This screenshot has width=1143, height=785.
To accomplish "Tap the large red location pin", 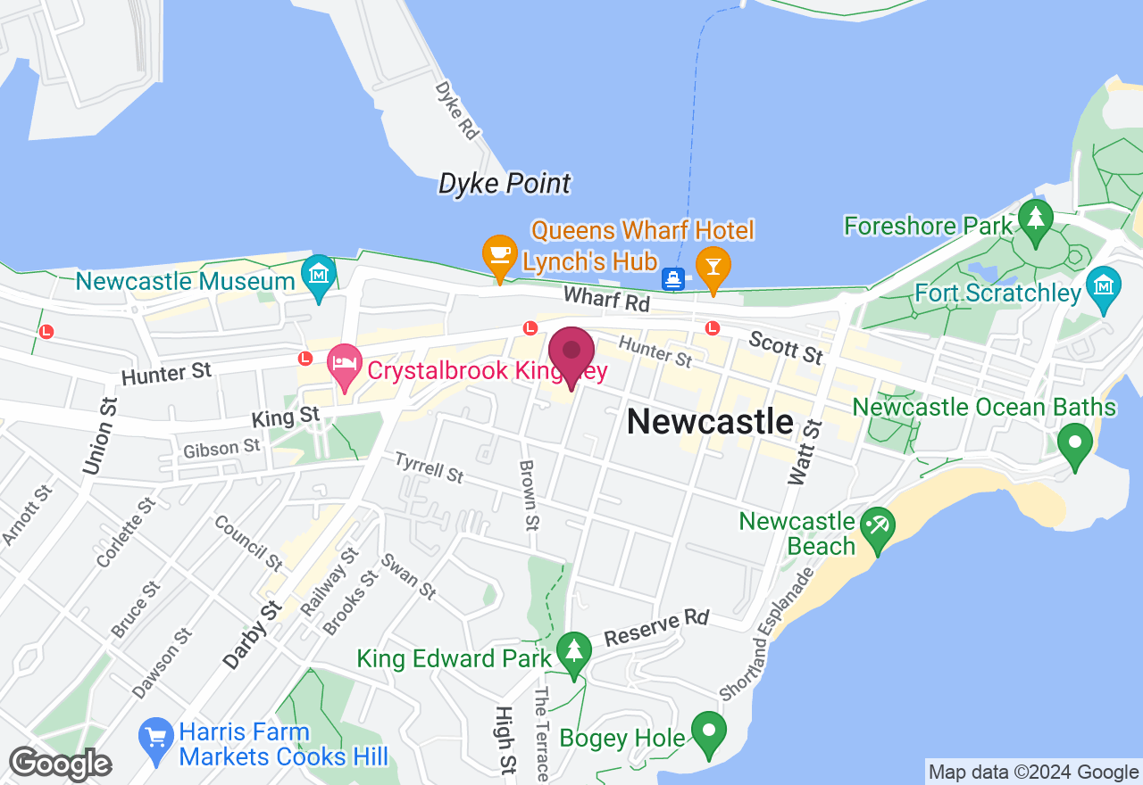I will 571,355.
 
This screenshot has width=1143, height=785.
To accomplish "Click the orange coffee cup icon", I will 499,252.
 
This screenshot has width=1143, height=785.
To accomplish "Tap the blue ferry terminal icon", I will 674,279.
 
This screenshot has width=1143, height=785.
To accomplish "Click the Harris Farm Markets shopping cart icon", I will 156,737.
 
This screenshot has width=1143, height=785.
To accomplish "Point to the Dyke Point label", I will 505,184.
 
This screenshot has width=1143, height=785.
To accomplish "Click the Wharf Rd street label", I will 605,300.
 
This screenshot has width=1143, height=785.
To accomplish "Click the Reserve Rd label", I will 656,628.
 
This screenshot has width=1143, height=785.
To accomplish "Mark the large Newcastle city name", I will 710,421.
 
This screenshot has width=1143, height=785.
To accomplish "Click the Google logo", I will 60,764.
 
